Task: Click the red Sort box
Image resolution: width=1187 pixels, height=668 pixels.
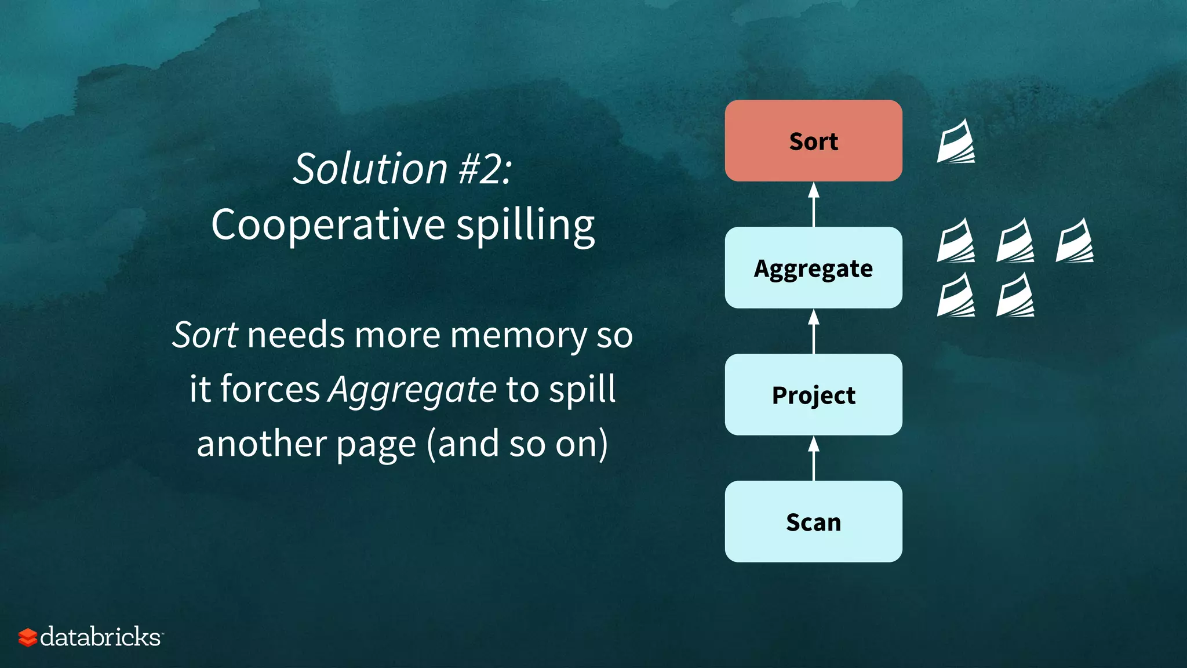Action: (x=813, y=141)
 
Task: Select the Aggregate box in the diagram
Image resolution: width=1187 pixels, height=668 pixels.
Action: (x=813, y=268)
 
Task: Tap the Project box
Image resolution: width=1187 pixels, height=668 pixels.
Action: (x=813, y=395)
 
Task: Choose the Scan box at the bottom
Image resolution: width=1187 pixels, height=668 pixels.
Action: (x=813, y=522)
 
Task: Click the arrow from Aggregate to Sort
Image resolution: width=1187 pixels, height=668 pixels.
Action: (x=814, y=204)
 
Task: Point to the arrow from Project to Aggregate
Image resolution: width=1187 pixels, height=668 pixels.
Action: (x=814, y=331)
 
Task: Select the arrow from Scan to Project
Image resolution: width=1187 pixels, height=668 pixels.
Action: (x=814, y=458)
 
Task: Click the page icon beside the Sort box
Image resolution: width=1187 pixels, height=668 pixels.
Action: (x=956, y=141)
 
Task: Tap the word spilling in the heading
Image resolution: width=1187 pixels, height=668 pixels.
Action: (x=525, y=226)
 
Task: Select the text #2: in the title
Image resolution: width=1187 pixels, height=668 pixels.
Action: (x=485, y=169)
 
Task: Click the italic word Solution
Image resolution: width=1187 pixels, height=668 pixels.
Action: (x=370, y=169)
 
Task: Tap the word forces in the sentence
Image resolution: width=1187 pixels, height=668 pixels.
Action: (x=270, y=389)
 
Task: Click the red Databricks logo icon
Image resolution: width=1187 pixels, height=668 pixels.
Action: (x=27, y=637)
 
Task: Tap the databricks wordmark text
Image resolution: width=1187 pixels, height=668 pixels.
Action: (x=101, y=637)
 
